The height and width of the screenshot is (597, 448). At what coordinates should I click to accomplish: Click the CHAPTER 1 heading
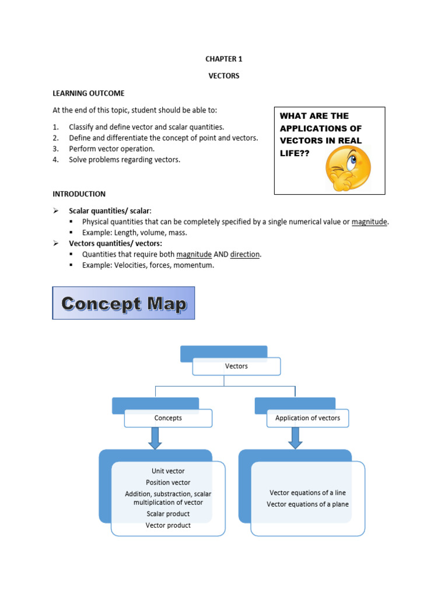point(223,59)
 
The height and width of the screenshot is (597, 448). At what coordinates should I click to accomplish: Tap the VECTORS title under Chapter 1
point(224,76)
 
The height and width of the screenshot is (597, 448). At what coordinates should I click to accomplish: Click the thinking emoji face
point(348,168)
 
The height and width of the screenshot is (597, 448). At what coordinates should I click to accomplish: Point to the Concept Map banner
point(124,303)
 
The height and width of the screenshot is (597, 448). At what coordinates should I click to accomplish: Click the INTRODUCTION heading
point(79,194)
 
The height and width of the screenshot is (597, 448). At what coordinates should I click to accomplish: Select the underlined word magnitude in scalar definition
point(369,222)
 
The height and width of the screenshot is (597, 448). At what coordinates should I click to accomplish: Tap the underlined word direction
point(244,254)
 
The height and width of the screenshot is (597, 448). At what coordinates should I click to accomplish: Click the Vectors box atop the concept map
point(236,366)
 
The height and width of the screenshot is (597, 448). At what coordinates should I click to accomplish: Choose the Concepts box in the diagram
point(168,418)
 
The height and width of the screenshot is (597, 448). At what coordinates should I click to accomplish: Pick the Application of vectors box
point(307,418)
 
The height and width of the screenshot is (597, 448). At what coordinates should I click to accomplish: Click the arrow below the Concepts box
point(155,438)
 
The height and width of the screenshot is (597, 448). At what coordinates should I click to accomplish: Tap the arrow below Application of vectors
point(295,438)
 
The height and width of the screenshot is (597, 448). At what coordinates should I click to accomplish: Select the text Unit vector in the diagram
point(168,471)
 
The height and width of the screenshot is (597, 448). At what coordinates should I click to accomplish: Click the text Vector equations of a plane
point(307,504)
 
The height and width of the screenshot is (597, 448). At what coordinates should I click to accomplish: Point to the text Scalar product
point(168,514)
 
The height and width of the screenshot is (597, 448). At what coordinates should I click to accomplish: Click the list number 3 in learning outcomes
point(55,149)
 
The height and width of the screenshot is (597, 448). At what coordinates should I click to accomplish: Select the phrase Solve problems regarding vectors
point(124,160)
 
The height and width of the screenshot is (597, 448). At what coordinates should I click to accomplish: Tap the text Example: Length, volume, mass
point(135,233)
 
